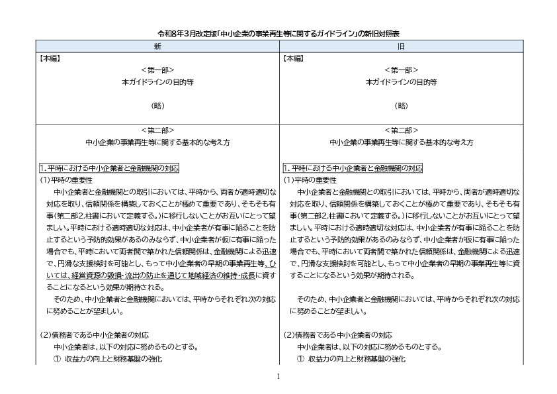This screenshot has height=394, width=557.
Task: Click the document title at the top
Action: tap(278, 32)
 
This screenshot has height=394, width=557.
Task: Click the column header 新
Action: tap(157, 46)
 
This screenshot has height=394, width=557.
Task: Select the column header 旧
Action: tap(401, 46)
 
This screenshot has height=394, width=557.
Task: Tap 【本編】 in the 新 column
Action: tap(51, 58)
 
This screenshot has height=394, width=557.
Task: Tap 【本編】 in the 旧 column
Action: tap(294, 58)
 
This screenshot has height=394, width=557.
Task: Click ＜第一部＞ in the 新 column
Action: tap(157, 70)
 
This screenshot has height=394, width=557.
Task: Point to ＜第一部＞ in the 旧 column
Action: tap(401, 70)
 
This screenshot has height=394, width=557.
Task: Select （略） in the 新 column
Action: tap(157, 105)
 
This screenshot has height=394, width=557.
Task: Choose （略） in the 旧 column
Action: tap(401, 105)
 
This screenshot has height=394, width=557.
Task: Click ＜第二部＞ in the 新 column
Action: tap(157, 130)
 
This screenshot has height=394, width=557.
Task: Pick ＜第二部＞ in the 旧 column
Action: tap(401, 130)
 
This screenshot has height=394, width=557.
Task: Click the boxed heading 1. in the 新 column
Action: tap(109, 168)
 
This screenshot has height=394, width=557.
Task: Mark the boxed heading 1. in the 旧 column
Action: tap(353, 168)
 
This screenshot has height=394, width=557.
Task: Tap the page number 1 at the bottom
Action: tap(278, 376)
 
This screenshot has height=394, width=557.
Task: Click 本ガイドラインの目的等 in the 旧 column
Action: tap(401, 81)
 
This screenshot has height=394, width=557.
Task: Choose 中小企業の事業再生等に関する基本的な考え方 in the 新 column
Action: tap(157, 142)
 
